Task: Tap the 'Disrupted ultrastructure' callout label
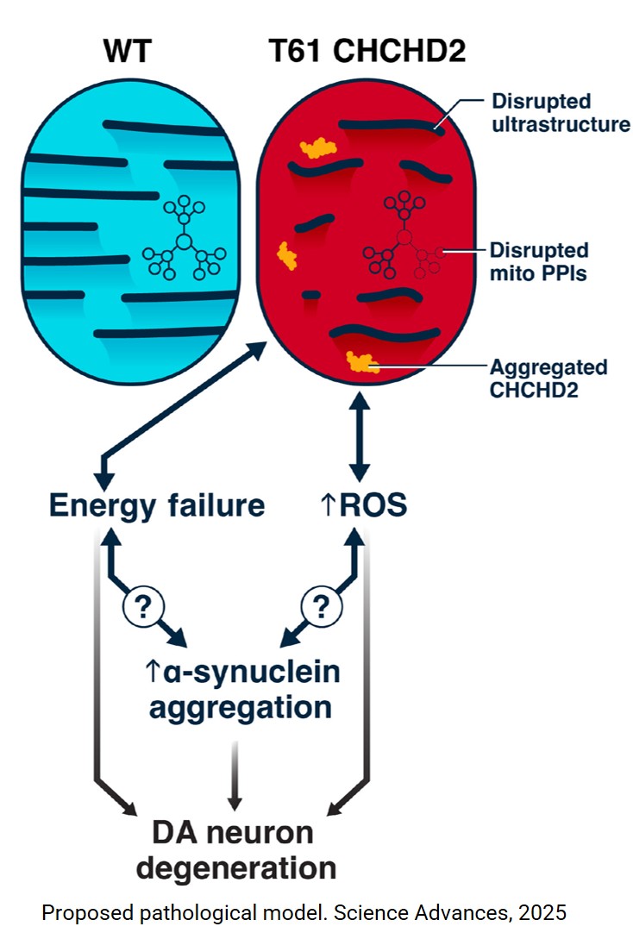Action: (560, 112)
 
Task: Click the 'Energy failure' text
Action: (157, 505)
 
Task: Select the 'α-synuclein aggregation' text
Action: (241, 690)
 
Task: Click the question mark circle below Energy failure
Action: (144, 608)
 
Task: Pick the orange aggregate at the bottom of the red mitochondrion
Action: (362, 363)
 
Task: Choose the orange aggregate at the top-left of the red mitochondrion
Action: (317, 148)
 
